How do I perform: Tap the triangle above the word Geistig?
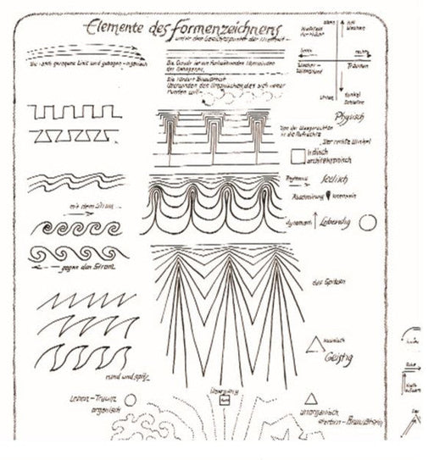(x=316, y=343)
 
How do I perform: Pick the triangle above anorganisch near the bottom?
(x=311, y=398)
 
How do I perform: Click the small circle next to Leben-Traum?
(x=130, y=398)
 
